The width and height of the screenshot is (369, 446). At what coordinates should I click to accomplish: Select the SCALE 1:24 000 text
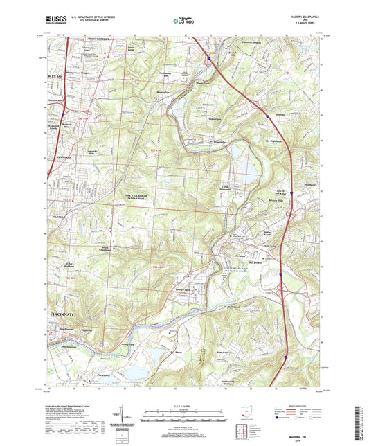(x=183, y=407)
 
